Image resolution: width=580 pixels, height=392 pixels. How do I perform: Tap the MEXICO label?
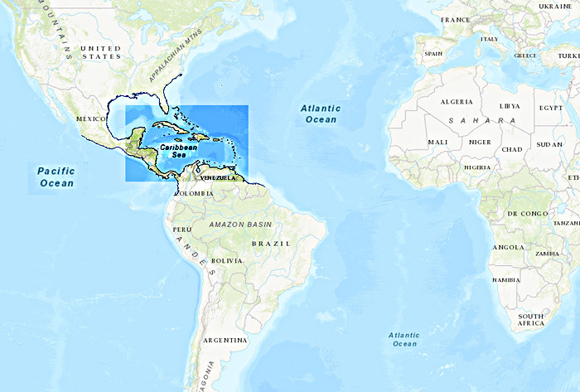[x=92, y=119]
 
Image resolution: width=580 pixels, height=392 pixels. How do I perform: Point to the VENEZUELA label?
[x=218, y=177]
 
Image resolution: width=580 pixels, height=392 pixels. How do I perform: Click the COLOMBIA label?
[x=194, y=193]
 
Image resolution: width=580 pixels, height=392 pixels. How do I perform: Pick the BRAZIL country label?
[x=271, y=243]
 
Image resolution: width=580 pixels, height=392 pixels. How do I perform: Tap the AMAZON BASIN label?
[x=240, y=225]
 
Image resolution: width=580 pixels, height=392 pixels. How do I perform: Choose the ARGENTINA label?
[x=225, y=340]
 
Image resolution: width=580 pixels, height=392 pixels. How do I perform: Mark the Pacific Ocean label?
[x=56, y=177]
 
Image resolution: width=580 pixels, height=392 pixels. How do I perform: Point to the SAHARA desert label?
[x=481, y=121]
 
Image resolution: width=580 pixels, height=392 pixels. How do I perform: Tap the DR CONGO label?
[x=528, y=214]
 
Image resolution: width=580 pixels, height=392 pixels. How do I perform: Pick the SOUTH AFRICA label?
[x=530, y=321]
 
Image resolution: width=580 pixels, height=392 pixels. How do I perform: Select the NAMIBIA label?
[x=505, y=280]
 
